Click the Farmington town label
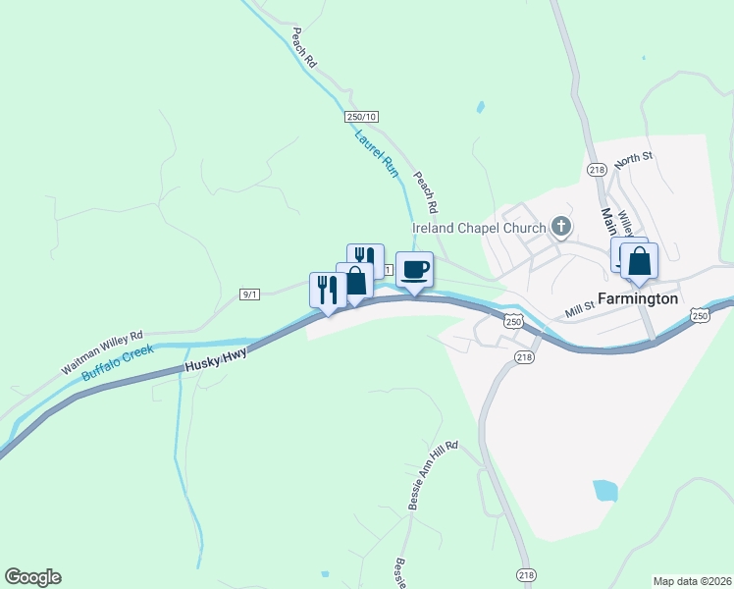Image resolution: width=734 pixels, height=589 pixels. (638, 298)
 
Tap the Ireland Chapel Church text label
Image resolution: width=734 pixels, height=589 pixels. (478, 229)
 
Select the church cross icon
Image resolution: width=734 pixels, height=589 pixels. (561, 228)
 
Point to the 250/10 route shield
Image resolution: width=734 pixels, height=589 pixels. (360, 117)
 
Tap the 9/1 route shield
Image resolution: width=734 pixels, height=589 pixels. (250, 294)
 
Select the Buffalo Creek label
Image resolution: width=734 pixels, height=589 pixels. (117, 360)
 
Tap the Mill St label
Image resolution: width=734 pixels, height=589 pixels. (580, 310)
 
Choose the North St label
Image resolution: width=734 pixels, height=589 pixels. (634, 157)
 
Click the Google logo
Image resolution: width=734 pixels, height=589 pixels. (32, 577)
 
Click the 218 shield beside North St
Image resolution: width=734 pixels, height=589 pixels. (597, 170)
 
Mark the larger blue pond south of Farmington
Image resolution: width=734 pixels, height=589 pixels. (605, 490)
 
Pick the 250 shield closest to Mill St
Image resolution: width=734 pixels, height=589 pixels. (513, 320)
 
